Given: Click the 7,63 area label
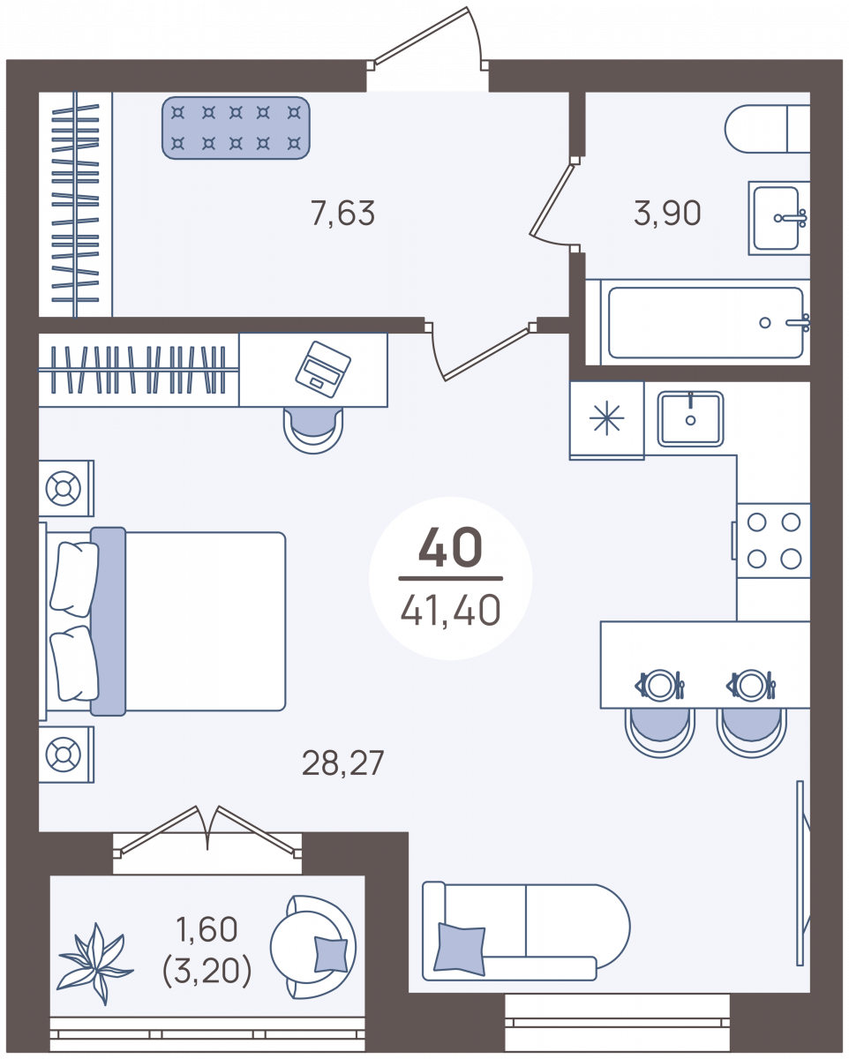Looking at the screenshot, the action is pos(342,214).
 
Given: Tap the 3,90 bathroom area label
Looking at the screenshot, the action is pos(667,214).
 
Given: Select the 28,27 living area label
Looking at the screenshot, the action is pos(342,762).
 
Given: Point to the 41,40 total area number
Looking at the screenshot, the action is pos(450,610).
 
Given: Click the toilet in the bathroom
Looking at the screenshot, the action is pos(767,129).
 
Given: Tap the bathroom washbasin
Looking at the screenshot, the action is pos(779,217).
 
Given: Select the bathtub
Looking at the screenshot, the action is pos(705,322).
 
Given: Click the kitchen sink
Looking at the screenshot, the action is pos(690,419).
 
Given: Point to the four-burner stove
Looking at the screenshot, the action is pos(773,540).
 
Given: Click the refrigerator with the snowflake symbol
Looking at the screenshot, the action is pos(607,421).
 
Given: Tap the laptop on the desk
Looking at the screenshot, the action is pos(323,369).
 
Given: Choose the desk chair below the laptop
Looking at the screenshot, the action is pos(313,429).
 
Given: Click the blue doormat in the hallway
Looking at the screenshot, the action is pos(236,128).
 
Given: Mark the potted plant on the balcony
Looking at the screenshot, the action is pos(95,965).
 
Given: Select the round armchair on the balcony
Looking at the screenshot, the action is pos(313,947).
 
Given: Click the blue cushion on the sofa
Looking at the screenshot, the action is pos(460,949).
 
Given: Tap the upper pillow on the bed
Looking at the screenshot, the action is pos(74,579).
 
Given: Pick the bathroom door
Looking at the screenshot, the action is pos(553,204).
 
